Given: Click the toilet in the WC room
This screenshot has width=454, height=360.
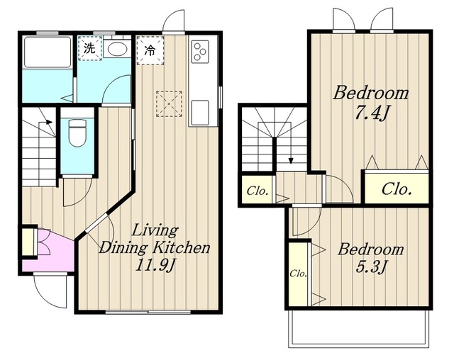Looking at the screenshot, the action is [x=77, y=133].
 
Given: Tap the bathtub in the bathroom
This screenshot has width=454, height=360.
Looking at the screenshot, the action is [x=48, y=52].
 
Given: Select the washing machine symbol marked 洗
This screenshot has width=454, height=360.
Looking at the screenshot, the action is [x=90, y=48].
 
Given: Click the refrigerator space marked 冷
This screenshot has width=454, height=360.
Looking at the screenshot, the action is [x=150, y=50].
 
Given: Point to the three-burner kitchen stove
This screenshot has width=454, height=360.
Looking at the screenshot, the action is [x=200, y=52].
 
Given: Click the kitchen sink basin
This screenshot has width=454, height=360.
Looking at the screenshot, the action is [x=200, y=113].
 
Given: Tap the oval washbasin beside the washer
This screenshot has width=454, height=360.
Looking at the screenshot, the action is [x=117, y=49].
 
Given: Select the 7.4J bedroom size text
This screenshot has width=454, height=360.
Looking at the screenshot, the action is [x=371, y=113].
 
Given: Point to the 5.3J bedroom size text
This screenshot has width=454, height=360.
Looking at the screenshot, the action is [x=371, y=266].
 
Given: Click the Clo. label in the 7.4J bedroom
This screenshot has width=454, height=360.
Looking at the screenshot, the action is [x=397, y=189].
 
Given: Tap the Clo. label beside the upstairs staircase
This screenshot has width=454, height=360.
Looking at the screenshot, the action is [x=257, y=191].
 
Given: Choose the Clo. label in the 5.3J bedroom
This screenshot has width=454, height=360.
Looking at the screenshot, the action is [x=298, y=273].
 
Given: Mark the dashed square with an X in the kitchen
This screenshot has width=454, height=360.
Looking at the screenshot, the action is [x=169, y=103].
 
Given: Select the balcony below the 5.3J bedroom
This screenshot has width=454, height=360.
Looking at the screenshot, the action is [x=359, y=328].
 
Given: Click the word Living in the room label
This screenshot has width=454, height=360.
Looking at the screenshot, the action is [x=155, y=231].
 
